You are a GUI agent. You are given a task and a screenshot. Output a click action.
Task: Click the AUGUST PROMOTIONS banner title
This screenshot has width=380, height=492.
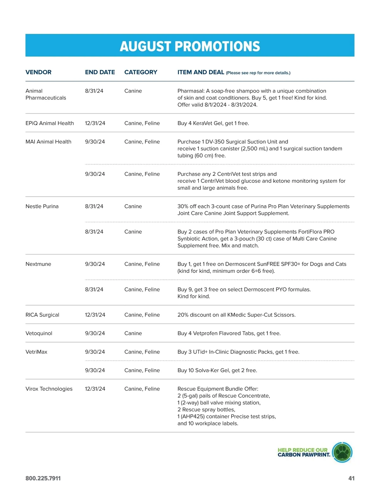click(x=190, y=46)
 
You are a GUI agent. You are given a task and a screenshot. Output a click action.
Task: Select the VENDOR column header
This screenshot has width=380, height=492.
click(x=38, y=72)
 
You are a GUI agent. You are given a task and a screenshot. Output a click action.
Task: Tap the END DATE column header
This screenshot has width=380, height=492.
click(x=100, y=72)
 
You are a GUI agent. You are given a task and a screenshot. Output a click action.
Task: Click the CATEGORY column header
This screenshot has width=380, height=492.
click(x=141, y=72)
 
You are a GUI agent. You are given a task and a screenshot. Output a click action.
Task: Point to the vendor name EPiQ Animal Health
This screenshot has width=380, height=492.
click(x=49, y=123)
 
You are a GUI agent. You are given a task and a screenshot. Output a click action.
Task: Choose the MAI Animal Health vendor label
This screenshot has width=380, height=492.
click(x=48, y=142)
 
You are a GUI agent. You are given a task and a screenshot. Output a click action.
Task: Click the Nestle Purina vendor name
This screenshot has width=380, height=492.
click(x=42, y=206)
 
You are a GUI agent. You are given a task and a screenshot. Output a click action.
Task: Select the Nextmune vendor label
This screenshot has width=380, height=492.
click(x=38, y=264)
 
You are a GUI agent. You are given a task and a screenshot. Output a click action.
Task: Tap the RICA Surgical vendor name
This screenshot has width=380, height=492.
click(x=42, y=315)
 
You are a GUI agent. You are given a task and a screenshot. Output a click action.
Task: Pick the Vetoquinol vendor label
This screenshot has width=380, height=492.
click(x=39, y=333)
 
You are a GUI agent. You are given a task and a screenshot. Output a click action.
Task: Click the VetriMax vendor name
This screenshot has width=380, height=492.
click(x=36, y=352)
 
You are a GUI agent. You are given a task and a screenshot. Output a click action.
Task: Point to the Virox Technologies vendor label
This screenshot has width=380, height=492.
click(x=49, y=389)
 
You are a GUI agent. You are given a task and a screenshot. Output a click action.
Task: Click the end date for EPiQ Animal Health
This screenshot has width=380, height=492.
click(x=95, y=123)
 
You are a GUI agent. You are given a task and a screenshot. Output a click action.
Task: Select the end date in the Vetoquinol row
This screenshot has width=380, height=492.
click(x=95, y=333)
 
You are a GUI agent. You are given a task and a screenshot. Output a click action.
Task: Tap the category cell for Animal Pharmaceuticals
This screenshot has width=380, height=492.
click(x=133, y=91)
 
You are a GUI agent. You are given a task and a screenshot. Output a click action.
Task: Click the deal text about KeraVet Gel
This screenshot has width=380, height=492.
click(x=213, y=123)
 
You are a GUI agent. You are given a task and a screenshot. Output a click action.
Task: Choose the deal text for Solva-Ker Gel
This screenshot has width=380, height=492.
click(x=217, y=370)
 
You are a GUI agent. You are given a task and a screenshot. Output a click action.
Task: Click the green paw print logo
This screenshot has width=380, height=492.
click(x=342, y=452)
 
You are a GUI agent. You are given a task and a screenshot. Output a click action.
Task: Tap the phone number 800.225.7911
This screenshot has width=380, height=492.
click(x=43, y=478)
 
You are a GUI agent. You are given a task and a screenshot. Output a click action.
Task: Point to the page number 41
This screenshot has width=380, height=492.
click(x=351, y=478)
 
